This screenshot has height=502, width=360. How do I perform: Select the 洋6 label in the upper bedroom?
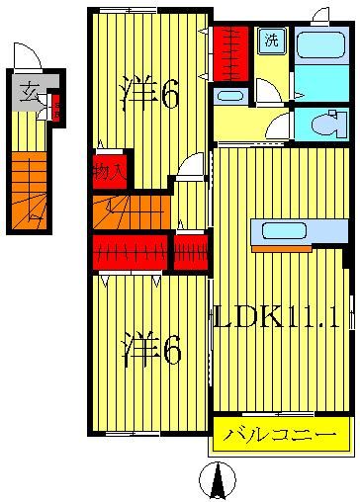[x=148, y=95]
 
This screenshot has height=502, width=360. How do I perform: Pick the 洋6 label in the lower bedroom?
[x=150, y=323]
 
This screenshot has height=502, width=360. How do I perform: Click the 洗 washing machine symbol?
[x=271, y=42]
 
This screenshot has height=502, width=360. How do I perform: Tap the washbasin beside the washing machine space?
[x=230, y=96]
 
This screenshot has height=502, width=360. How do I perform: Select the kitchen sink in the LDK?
[x=284, y=231]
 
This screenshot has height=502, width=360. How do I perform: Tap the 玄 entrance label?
[x=31, y=93]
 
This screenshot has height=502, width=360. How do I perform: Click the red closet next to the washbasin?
[x=230, y=53]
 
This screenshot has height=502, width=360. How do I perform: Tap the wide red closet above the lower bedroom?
[x=130, y=252]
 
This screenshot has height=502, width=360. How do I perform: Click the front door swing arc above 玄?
[x=27, y=55]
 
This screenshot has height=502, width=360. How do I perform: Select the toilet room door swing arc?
[x=280, y=126]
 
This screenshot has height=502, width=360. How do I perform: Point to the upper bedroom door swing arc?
[x=191, y=164]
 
